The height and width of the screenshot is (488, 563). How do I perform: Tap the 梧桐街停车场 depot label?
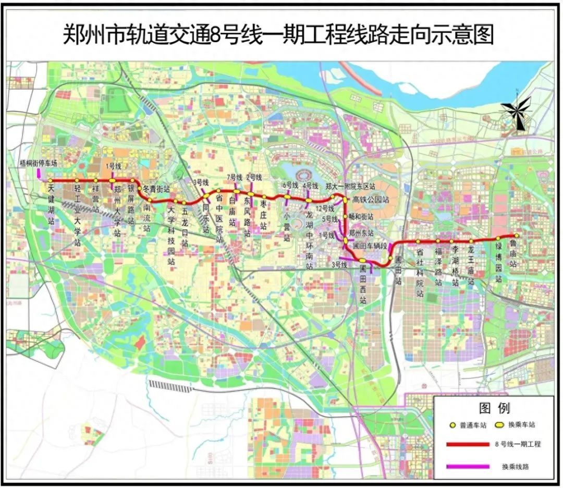pyautogui.click(x=38, y=163)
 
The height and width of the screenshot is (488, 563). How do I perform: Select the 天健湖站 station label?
pyautogui.click(x=51, y=204)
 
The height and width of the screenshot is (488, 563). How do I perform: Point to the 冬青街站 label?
pyautogui.click(x=156, y=188)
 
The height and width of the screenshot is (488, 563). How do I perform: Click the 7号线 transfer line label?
pyautogui.click(x=235, y=177)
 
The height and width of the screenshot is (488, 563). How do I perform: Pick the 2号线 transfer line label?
pyautogui.click(x=254, y=177)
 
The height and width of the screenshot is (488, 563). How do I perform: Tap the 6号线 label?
pyautogui.click(x=290, y=185)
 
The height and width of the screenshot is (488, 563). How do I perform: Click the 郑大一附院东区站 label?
pyautogui.click(x=350, y=186)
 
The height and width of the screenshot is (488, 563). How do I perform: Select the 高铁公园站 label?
pyautogui.click(x=371, y=199)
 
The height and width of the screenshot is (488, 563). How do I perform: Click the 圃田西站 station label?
pyautogui.click(x=363, y=285)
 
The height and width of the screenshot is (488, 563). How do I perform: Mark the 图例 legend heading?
pyautogui.click(x=494, y=407)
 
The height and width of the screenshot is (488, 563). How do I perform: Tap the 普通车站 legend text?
pyautogui.click(x=473, y=425)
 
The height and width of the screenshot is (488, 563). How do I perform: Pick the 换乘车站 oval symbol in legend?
pyautogui.click(x=500, y=425)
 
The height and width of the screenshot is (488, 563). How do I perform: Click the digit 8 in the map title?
pyautogui.click(x=218, y=35)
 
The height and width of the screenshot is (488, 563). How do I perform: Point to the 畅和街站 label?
pyautogui.click(x=361, y=216)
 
